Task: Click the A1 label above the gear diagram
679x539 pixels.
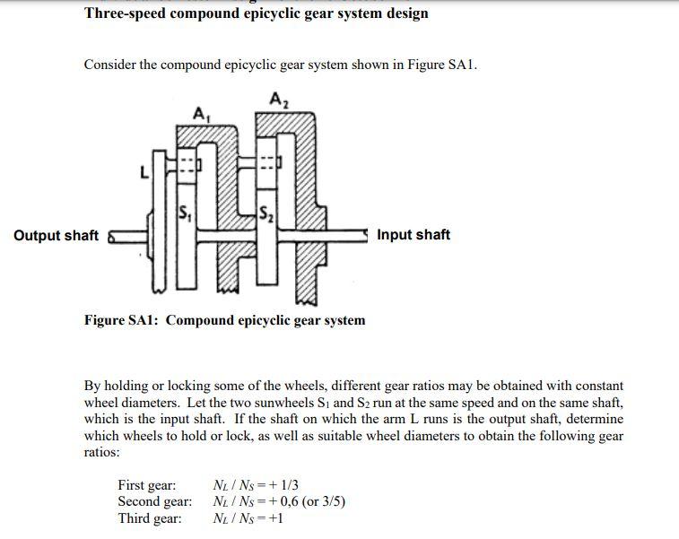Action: click(x=201, y=113)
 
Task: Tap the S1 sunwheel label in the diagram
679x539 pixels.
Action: click(x=186, y=214)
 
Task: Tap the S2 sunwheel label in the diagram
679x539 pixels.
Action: click(x=266, y=214)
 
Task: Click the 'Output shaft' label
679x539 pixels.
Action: click(x=57, y=236)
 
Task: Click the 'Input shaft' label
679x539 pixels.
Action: click(x=413, y=235)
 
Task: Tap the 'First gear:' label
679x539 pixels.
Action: click(x=147, y=485)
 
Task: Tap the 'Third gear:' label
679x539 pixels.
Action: click(x=150, y=518)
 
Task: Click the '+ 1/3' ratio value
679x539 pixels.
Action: click(x=281, y=485)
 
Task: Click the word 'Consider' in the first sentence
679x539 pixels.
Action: click(x=110, y=65)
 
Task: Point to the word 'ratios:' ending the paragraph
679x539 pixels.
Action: click(x=101, y=452)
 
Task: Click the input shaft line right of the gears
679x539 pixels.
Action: click(x=345, y=234)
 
